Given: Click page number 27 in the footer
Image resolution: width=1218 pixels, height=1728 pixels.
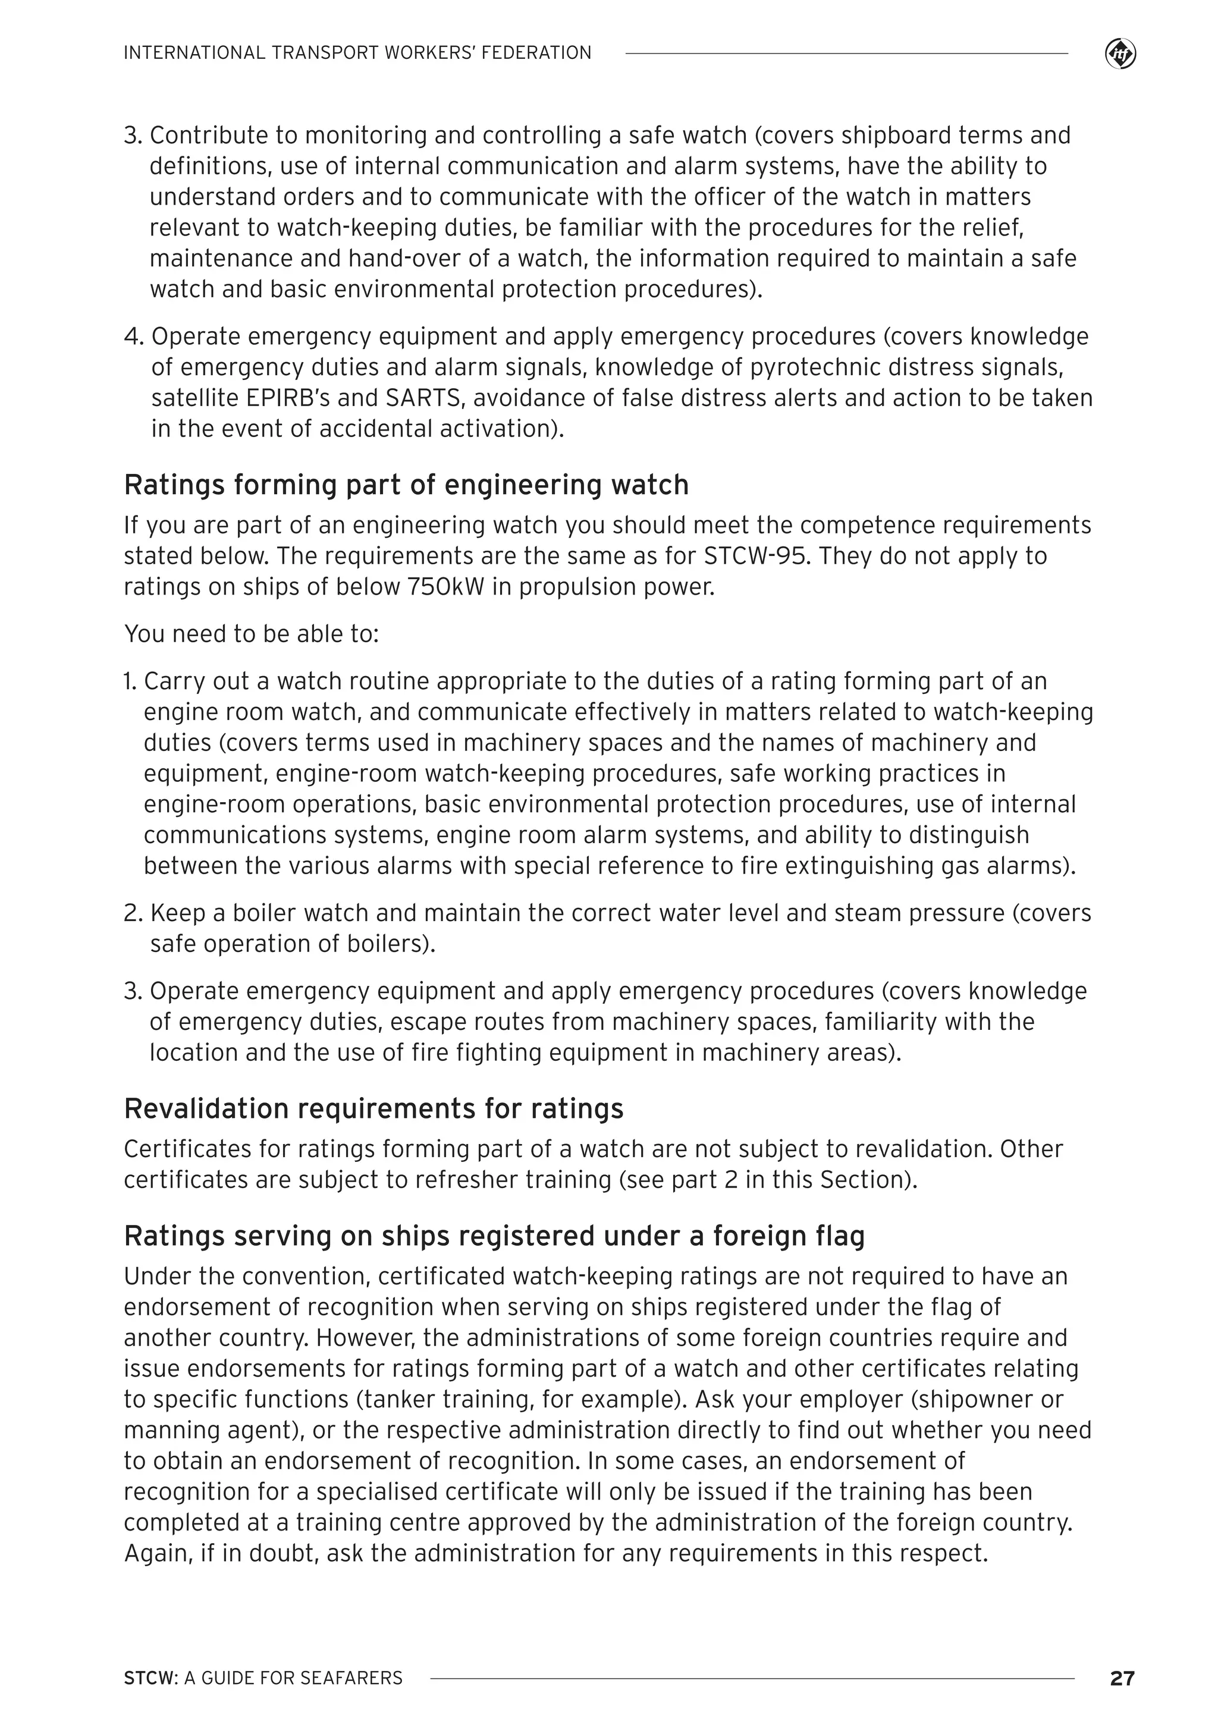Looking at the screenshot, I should [x=1122, y=1677].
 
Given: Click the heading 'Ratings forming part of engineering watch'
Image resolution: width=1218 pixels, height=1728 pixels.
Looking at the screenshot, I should [x=406, y=485].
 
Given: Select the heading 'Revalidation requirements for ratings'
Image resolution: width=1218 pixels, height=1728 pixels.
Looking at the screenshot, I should [x=373, y=1108].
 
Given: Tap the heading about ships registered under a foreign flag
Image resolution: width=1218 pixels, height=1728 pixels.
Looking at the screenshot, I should [x=494, y=1236].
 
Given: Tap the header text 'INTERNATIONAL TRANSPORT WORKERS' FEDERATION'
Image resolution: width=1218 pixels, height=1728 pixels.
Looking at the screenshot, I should [x=357, y=53].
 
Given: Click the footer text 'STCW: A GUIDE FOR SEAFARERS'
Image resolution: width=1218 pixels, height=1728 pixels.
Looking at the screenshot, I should [x=263, y=1677].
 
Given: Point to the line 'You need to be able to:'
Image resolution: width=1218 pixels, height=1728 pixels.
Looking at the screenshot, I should [x=252, y=634].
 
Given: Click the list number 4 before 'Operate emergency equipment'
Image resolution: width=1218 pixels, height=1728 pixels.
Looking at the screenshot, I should [x=133, y=337].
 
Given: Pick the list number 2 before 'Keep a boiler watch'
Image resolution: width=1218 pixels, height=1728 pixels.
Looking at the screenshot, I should [x=133, y=913].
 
